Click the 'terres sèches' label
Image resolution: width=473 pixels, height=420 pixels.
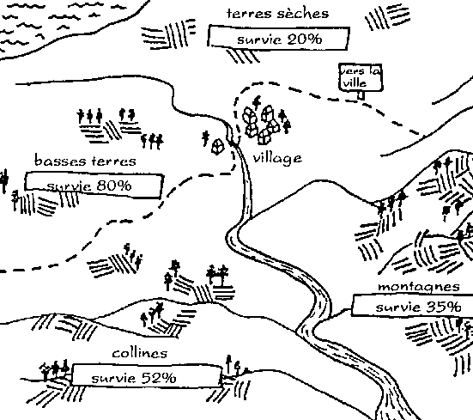[x=277, y=14]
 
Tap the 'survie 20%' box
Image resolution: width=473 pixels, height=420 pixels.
[x=279, y=38]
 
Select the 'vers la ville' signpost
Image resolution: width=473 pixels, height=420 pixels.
[x=361, y=81]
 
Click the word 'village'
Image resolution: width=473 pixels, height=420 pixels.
[x=277, y=158]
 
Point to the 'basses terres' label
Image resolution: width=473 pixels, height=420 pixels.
[x=85, y=161]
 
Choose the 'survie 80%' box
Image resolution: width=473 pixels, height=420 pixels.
[x=94, y=186]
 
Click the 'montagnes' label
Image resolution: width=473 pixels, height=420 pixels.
[x=419, y=286]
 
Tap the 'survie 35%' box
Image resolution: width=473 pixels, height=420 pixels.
[x=413, y=306]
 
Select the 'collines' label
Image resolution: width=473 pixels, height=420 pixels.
[x=140, y=353]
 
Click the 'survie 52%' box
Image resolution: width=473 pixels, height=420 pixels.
[x=147, y=375]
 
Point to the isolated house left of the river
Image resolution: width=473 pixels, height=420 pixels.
[x=218, y=146]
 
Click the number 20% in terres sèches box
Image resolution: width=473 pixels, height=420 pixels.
[x=305, y=39]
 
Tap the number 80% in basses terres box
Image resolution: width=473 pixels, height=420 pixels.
[x=114, y=186]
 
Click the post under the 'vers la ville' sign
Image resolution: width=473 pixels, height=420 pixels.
[x=361, y=95]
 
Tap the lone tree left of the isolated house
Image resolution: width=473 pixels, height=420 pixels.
[x=206, y=138]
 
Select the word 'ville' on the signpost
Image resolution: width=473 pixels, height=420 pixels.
[x=355, y=82]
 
